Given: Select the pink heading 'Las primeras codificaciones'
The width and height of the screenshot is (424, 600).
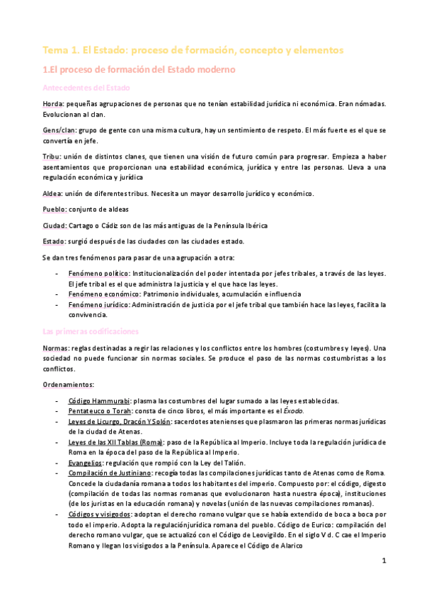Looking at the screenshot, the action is click(90, 331).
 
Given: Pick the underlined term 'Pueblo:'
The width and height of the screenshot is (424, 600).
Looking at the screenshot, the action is click(55, 209).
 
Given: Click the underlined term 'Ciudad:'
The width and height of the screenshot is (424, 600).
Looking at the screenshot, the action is click(55, 225).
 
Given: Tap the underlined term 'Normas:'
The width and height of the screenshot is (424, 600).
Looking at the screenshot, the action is click(56, 349).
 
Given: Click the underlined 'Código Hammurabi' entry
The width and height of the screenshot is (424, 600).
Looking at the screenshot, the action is click(98, 400).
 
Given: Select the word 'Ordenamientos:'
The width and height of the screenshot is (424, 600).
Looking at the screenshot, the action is click(68, 385).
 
